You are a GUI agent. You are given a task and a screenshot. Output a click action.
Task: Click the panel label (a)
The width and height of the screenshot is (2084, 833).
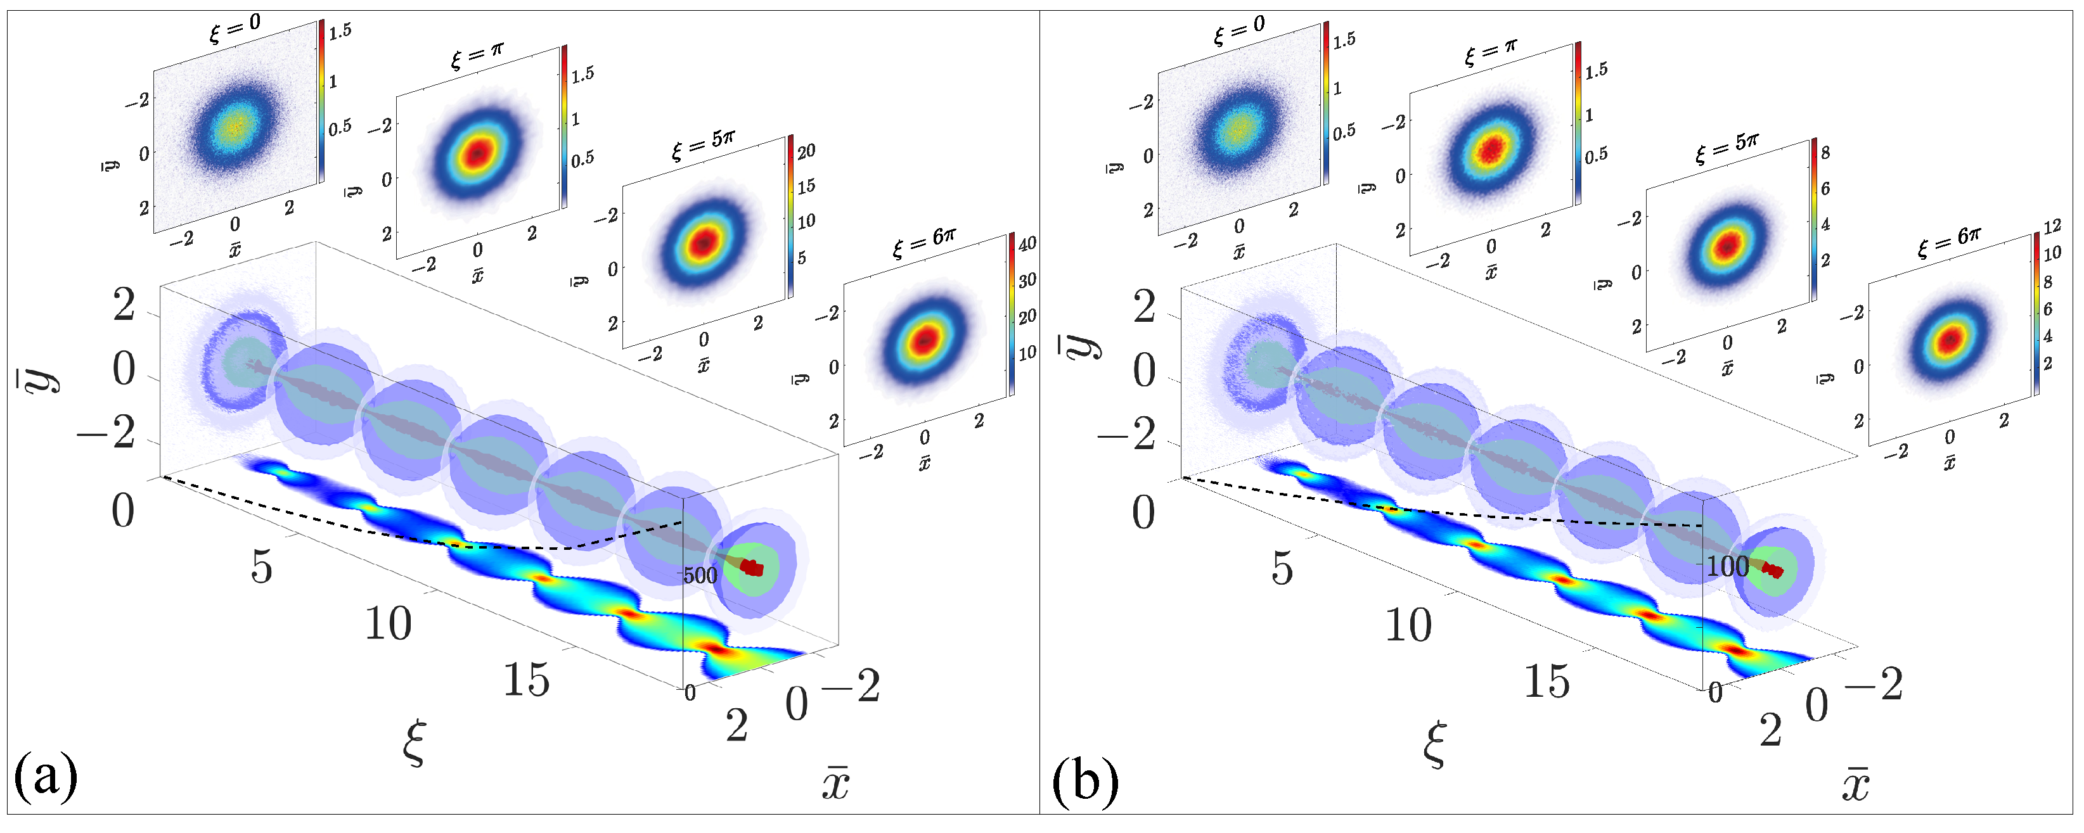tap(46, 777)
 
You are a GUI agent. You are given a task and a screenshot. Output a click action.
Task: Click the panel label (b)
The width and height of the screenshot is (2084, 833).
tap(1085, 781)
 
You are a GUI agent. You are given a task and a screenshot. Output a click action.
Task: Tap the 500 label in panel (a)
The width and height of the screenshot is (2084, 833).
tap(700, 576)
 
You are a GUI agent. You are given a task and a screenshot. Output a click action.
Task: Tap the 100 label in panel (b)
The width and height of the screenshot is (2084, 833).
tap(1727, 566)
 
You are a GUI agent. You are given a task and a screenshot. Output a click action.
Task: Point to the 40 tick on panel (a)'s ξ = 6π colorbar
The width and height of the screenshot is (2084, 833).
tap(1027, 243)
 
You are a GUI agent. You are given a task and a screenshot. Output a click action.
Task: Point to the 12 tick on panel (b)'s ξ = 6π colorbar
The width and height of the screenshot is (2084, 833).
tap(2052, 227)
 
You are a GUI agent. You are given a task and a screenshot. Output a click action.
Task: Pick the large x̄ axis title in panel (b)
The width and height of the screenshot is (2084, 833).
tap(1855, 783)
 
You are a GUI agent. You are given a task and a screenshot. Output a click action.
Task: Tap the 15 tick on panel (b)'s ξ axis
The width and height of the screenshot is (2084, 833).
tap(1546, 681)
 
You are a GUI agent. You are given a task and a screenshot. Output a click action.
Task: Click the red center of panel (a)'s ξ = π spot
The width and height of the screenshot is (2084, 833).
tap(478, 152)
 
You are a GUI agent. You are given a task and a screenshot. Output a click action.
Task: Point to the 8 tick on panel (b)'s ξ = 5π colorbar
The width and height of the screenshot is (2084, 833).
tap(1825, 153)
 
